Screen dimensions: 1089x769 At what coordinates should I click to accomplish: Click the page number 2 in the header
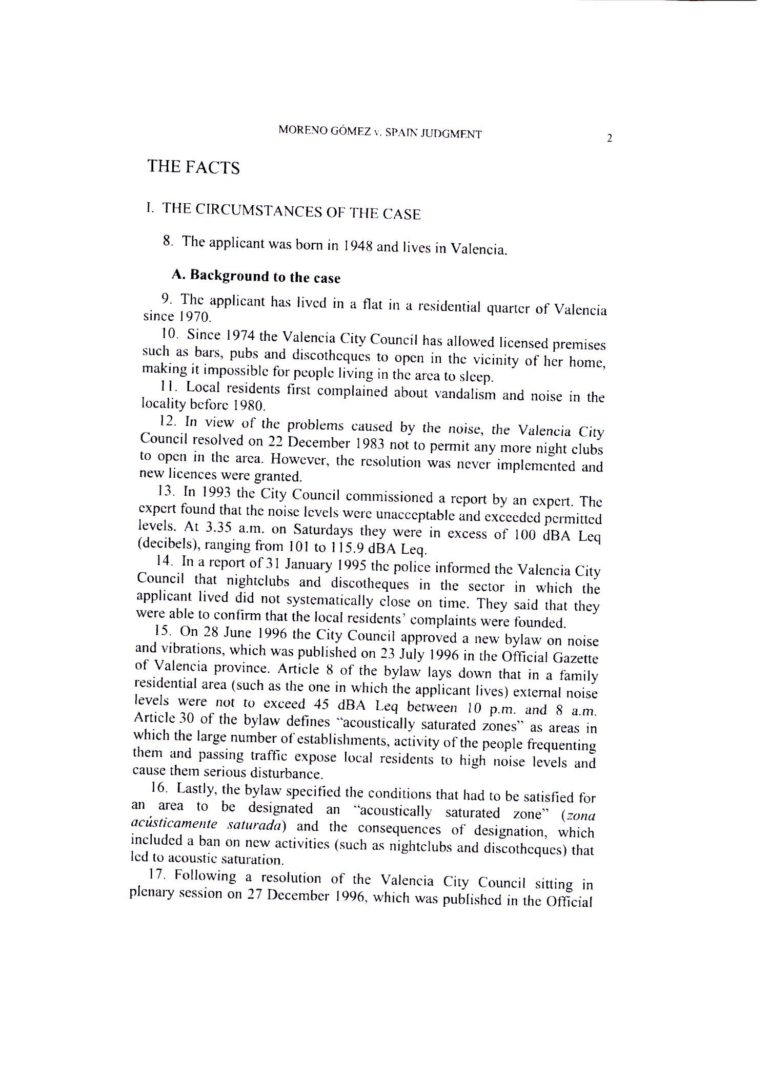(610, 138)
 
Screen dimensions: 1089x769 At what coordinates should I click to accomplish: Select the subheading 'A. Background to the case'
(256, 276)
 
